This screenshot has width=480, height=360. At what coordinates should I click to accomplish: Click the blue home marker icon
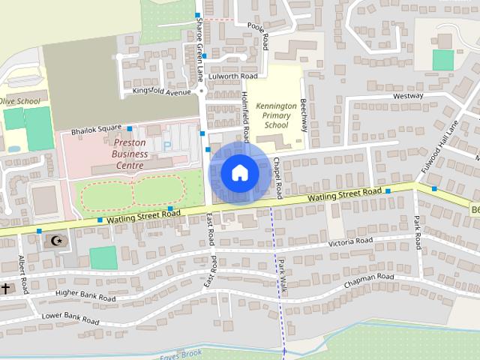click(x=239, y=172)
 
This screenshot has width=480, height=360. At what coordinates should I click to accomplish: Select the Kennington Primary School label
click(x=275, y=115)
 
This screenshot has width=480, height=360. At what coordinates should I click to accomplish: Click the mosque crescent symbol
click(x=55, y=240)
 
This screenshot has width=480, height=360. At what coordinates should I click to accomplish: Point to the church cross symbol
click(x=5, y=288)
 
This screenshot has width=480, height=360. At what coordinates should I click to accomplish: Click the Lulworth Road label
click(x=234, y=76)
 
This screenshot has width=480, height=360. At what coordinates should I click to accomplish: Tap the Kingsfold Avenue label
click(x=161, y=92)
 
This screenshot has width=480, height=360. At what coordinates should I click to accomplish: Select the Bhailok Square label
click(x=96, y=131)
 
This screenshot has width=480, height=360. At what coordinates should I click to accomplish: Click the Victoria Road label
click(x=351, y=241)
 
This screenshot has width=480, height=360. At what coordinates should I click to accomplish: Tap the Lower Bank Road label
click(x=70, y=318)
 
